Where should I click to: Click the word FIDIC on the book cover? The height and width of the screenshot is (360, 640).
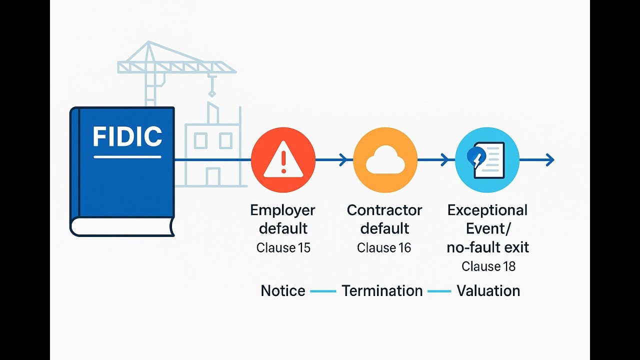(127, 136)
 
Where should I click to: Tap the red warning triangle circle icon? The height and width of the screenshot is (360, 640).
(283, 159)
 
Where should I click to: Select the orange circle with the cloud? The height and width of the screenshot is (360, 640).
(385, 159)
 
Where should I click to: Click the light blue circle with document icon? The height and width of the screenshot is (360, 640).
(487, 159)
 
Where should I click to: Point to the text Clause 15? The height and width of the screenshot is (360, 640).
(283, 247)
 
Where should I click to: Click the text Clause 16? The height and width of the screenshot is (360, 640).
(384, 247)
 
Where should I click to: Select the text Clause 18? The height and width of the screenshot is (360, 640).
(488, 266)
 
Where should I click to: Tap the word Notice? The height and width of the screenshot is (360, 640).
(283, 291)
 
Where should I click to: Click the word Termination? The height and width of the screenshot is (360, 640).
(382, 291)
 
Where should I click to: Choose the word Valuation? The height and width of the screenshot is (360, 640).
(488, 291)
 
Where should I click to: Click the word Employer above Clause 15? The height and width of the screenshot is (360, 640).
(282, 211)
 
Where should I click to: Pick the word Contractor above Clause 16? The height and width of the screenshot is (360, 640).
(384, 210)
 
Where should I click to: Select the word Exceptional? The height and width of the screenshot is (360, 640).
(487, 211)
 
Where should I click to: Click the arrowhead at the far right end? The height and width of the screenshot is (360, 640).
(550, 159)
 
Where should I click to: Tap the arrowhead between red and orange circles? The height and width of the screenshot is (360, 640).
(343, 159)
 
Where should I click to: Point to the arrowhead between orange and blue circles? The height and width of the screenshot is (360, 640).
(445, 159)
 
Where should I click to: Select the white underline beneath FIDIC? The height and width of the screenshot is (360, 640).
(127, 157)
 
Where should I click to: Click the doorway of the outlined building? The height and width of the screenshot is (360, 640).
(213, 177)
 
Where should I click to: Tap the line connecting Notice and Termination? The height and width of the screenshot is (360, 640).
(323, 291)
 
